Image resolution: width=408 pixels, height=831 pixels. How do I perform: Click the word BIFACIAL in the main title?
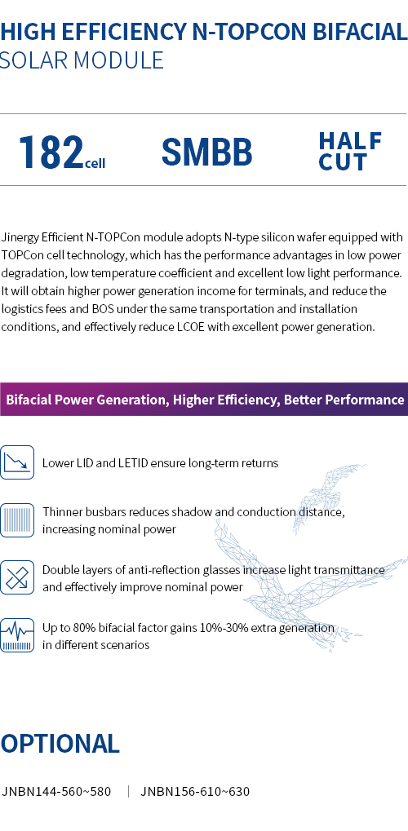tap(360, 32)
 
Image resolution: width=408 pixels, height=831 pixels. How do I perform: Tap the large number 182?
tap(51, 152)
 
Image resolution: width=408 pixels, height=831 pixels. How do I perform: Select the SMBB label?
tap(207, 152)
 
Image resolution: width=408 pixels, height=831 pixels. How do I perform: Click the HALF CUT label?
tap(350, 152)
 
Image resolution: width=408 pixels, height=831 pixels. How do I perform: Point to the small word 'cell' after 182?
tap(95, 162)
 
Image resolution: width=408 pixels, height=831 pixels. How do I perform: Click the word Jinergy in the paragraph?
tap(20, 237)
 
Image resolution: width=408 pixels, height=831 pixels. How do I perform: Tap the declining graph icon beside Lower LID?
tap(17, 462)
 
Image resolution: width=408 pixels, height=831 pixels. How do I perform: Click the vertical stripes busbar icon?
tap(17, 520)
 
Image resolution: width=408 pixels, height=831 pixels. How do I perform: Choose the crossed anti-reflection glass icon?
tap(17, 577)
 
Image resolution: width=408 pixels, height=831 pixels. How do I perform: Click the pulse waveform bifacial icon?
tap(17, 635)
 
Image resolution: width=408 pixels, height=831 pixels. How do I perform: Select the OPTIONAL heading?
tap(60, 744)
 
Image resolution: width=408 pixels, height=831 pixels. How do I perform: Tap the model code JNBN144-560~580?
tap(56, 792)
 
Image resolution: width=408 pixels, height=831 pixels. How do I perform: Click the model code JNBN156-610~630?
tap(195, 792)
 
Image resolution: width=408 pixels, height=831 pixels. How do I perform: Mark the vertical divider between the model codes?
tap(128, 792)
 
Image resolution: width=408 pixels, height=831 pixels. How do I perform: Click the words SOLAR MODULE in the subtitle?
tap(81, 60)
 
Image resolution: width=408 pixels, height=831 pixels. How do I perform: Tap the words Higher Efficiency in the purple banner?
tap(224, 400)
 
